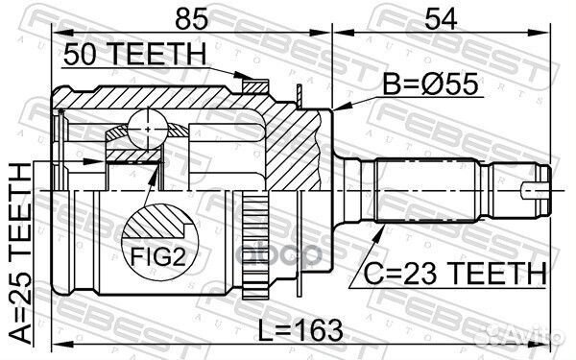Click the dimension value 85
pyautogui.click(x=191, y=19)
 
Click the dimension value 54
pyautogui.click(x=441, y=19)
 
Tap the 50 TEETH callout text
pyautogui.click(x=134, y=54)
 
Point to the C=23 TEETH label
pyautogui.click(x=455, y=274)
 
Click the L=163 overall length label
pyautogui.click(x=300, y=331)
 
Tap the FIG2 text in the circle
pyautogui.click(x=158, y=256)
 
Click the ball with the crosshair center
pyautogui.click(x=148, y=130)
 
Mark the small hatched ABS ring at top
pyautogui.click(x=254, y=86)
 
